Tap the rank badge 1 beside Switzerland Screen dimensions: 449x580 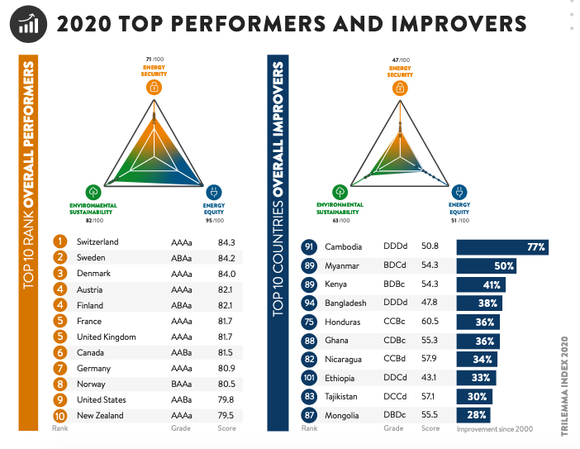(x=59, y=242)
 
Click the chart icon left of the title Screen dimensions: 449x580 (x=29, y=23)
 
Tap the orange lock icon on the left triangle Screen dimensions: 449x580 (x=155, y=87)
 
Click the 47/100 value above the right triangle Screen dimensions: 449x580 (x=400, y=60)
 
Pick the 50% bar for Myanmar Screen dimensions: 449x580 (x=487, y=266)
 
